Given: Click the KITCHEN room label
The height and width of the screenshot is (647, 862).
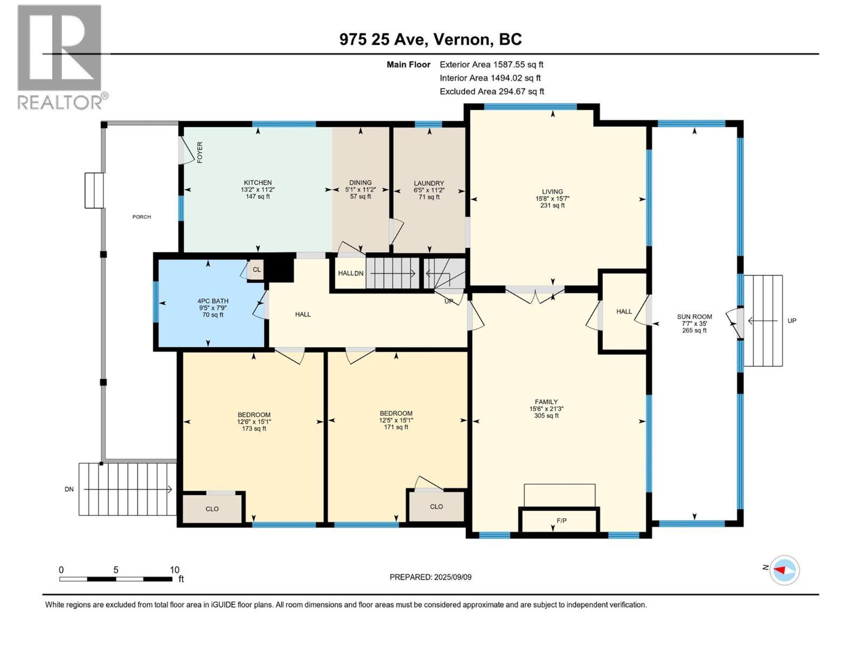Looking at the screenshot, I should [x=258, y=183].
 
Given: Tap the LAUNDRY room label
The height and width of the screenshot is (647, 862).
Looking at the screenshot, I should [x=429, y=183].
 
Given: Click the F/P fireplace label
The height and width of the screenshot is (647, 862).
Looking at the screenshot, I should [x=561, y=521].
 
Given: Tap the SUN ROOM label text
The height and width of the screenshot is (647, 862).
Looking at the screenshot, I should [x=694, y=317].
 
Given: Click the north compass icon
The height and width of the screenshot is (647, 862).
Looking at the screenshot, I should [x=784, y=570].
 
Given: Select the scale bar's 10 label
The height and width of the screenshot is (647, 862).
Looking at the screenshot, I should [x=175, y=570].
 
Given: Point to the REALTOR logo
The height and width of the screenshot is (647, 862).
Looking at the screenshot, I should [x=60, y=57].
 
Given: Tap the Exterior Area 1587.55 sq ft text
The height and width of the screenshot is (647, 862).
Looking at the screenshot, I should [x=491, y=64].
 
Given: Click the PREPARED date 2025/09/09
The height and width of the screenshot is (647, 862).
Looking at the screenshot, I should [x=430, y=577].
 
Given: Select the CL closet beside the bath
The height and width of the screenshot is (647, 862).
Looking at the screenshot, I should [x=256, y=270].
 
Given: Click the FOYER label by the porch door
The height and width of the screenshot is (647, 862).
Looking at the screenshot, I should [x=200, y=152].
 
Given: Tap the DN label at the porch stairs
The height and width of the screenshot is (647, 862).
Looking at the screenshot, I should [x=69, y=490].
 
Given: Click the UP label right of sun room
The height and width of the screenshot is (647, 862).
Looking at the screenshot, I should [x=791, y=321].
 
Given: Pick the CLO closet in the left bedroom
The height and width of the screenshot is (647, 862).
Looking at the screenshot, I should [x=212, y=509].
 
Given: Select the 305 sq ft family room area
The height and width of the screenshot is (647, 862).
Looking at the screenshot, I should [x=546, y=416].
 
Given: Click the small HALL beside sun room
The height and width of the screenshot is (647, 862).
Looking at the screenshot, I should [x=624, y=312].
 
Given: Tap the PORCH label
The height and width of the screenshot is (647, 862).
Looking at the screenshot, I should [x=142, y=217].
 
